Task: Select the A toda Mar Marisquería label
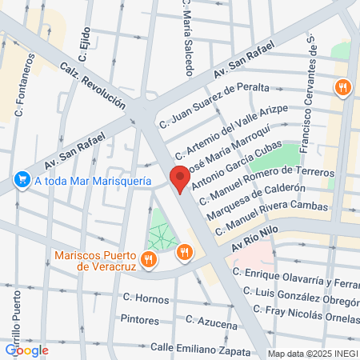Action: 93,182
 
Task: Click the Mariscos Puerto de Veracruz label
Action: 94,261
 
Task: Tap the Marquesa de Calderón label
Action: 257,202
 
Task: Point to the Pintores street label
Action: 138,318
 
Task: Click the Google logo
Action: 26,350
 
